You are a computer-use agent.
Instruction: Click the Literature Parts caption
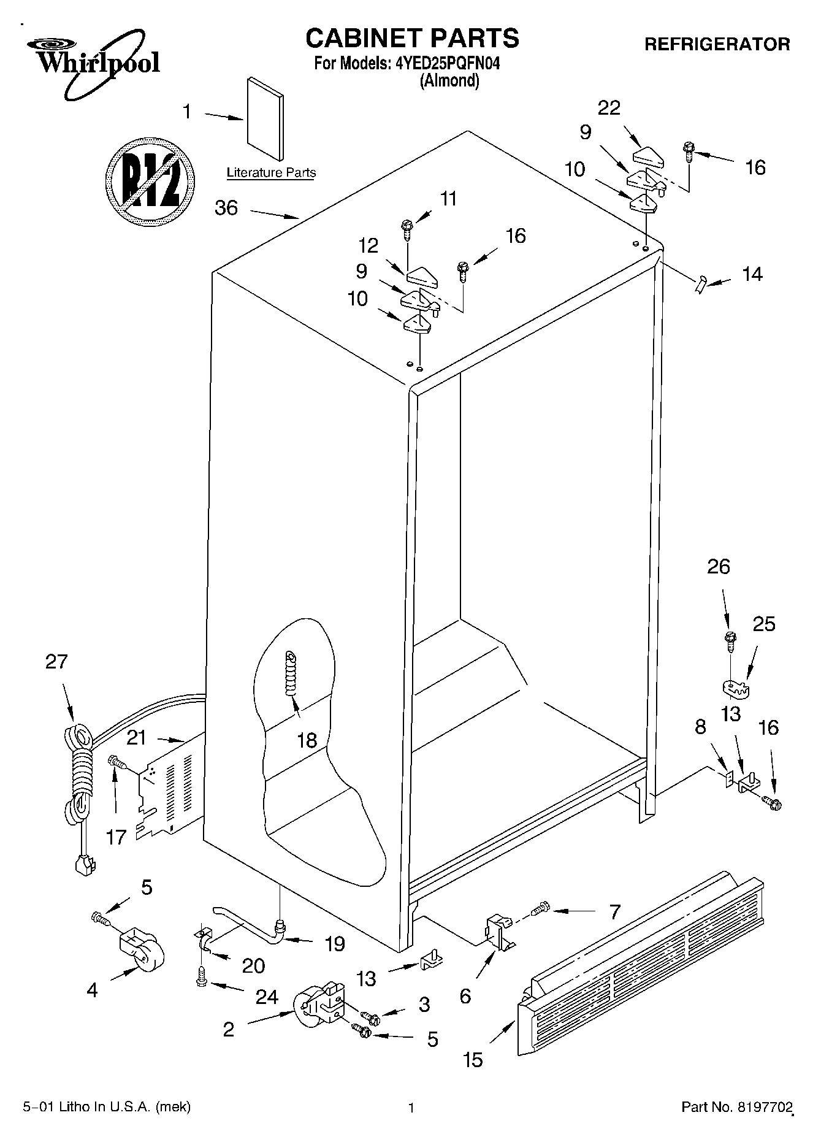coord(271,173)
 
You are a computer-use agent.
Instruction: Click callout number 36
coord(226,208)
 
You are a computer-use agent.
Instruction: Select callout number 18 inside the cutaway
coord(307,740)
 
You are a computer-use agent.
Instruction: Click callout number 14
coord(752,274)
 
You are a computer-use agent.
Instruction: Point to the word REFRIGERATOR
coord(717,44)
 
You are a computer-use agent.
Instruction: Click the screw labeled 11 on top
coord(407,229)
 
